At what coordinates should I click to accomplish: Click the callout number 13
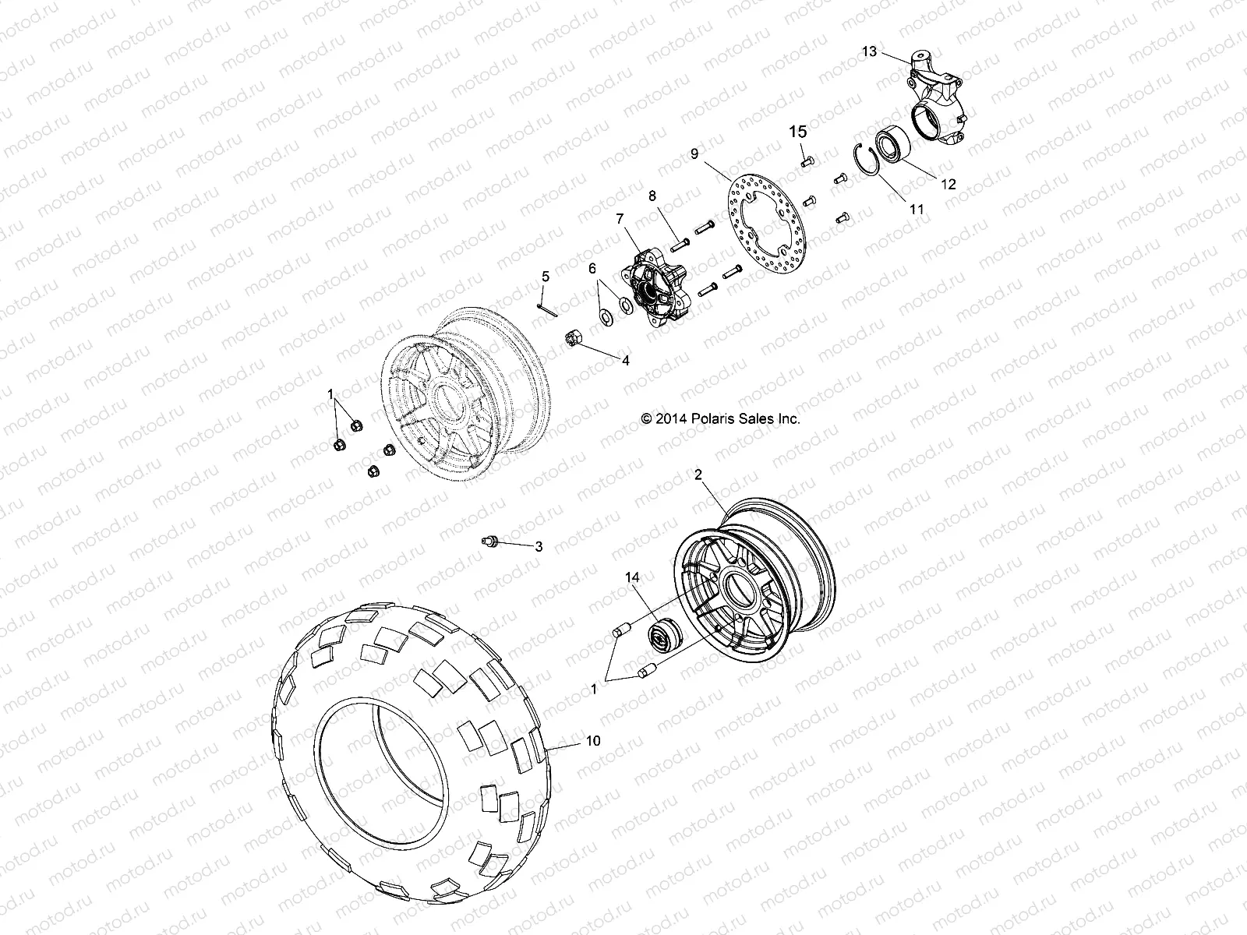[x=870, y=51]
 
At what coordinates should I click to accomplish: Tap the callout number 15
[x=799, y=132]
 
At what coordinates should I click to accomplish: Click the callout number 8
[x=652, y=196]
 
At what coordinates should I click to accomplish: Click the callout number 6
[x=592, y=268]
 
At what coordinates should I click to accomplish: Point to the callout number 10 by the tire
[x=593, y=741]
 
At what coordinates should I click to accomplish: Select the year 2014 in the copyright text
[x=669, y=418]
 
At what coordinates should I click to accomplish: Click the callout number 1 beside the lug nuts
[x=330, y=393]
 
